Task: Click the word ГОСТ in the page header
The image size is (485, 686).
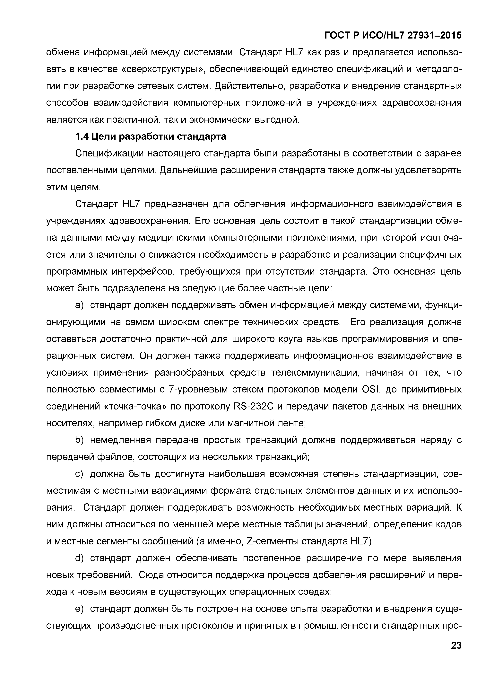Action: [x=337, y=36]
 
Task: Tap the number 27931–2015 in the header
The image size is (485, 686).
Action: [x=434, y=36]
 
